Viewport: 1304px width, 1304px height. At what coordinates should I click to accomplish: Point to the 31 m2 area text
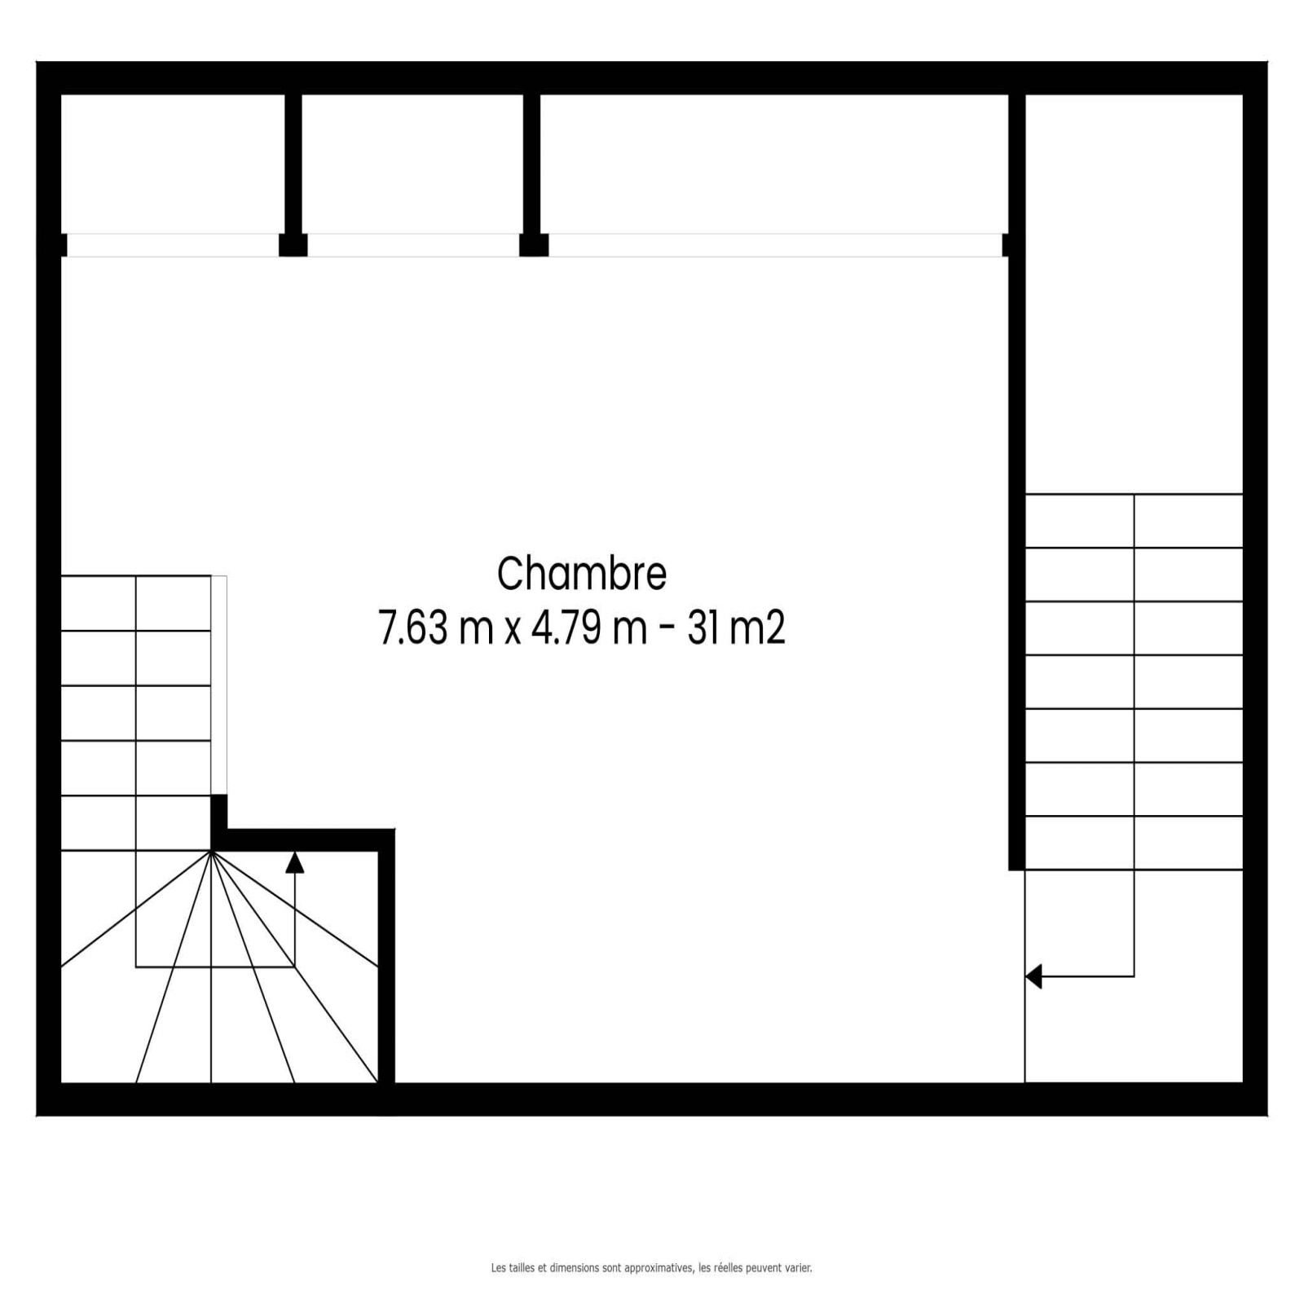click(x=736, y=628)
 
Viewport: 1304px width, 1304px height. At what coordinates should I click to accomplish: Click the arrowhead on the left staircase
click(x=294, y=861)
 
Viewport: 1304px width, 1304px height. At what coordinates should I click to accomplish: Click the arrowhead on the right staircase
click(x=1033, y=976)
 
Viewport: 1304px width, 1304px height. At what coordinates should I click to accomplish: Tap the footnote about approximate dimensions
click(x=651, y=1268)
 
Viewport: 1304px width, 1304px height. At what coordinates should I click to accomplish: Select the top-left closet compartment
click(x=173, y=164)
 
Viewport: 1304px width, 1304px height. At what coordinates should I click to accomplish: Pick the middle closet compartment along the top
click(x=412, y=164)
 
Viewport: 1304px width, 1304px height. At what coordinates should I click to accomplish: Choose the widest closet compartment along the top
click(x=774, y=164)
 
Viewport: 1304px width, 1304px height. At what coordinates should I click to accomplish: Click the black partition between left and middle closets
click(x=293, y=164)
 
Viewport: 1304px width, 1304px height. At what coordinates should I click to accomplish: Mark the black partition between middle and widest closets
click(x=531, y=164)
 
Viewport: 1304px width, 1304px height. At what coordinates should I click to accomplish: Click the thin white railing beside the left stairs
click(x=219, y=685)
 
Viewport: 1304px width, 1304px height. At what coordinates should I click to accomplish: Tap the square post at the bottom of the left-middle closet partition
click(x=293, y=245)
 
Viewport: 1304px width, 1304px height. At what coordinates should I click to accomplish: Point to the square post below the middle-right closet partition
click(x=534, y=245)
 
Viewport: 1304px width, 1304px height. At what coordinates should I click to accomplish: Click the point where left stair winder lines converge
click(x=211, y=851)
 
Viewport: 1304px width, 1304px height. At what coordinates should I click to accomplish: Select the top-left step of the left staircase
click(x=99, y=603)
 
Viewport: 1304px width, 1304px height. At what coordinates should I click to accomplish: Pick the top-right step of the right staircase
click(x=1188, y=521)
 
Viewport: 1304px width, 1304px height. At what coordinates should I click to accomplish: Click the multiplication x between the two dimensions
click(x=512, y=632)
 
